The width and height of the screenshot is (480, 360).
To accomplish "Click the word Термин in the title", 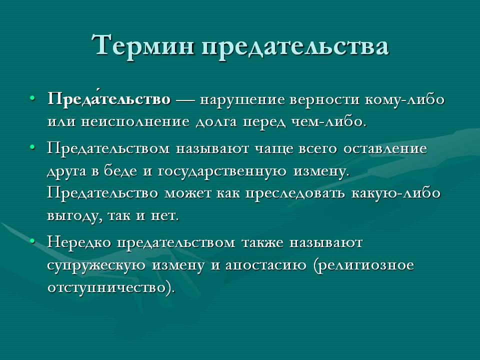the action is (142, 45).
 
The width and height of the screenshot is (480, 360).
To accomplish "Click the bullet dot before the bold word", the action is (32, 98).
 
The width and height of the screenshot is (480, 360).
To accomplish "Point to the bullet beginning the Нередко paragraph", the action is (32, 241).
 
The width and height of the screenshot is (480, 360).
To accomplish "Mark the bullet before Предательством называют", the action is (32, 147).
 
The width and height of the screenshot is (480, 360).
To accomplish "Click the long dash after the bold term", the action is (185, 100).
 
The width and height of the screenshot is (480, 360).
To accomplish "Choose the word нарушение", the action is (242, 100).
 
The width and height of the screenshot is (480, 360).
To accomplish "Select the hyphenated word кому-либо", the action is (404, 99).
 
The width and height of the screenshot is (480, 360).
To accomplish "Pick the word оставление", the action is (385, 149).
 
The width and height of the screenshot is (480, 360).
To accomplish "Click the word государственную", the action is (222, 171).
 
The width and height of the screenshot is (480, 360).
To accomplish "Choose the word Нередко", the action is (79, 242).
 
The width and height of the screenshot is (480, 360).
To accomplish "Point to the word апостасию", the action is (266, 265).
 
